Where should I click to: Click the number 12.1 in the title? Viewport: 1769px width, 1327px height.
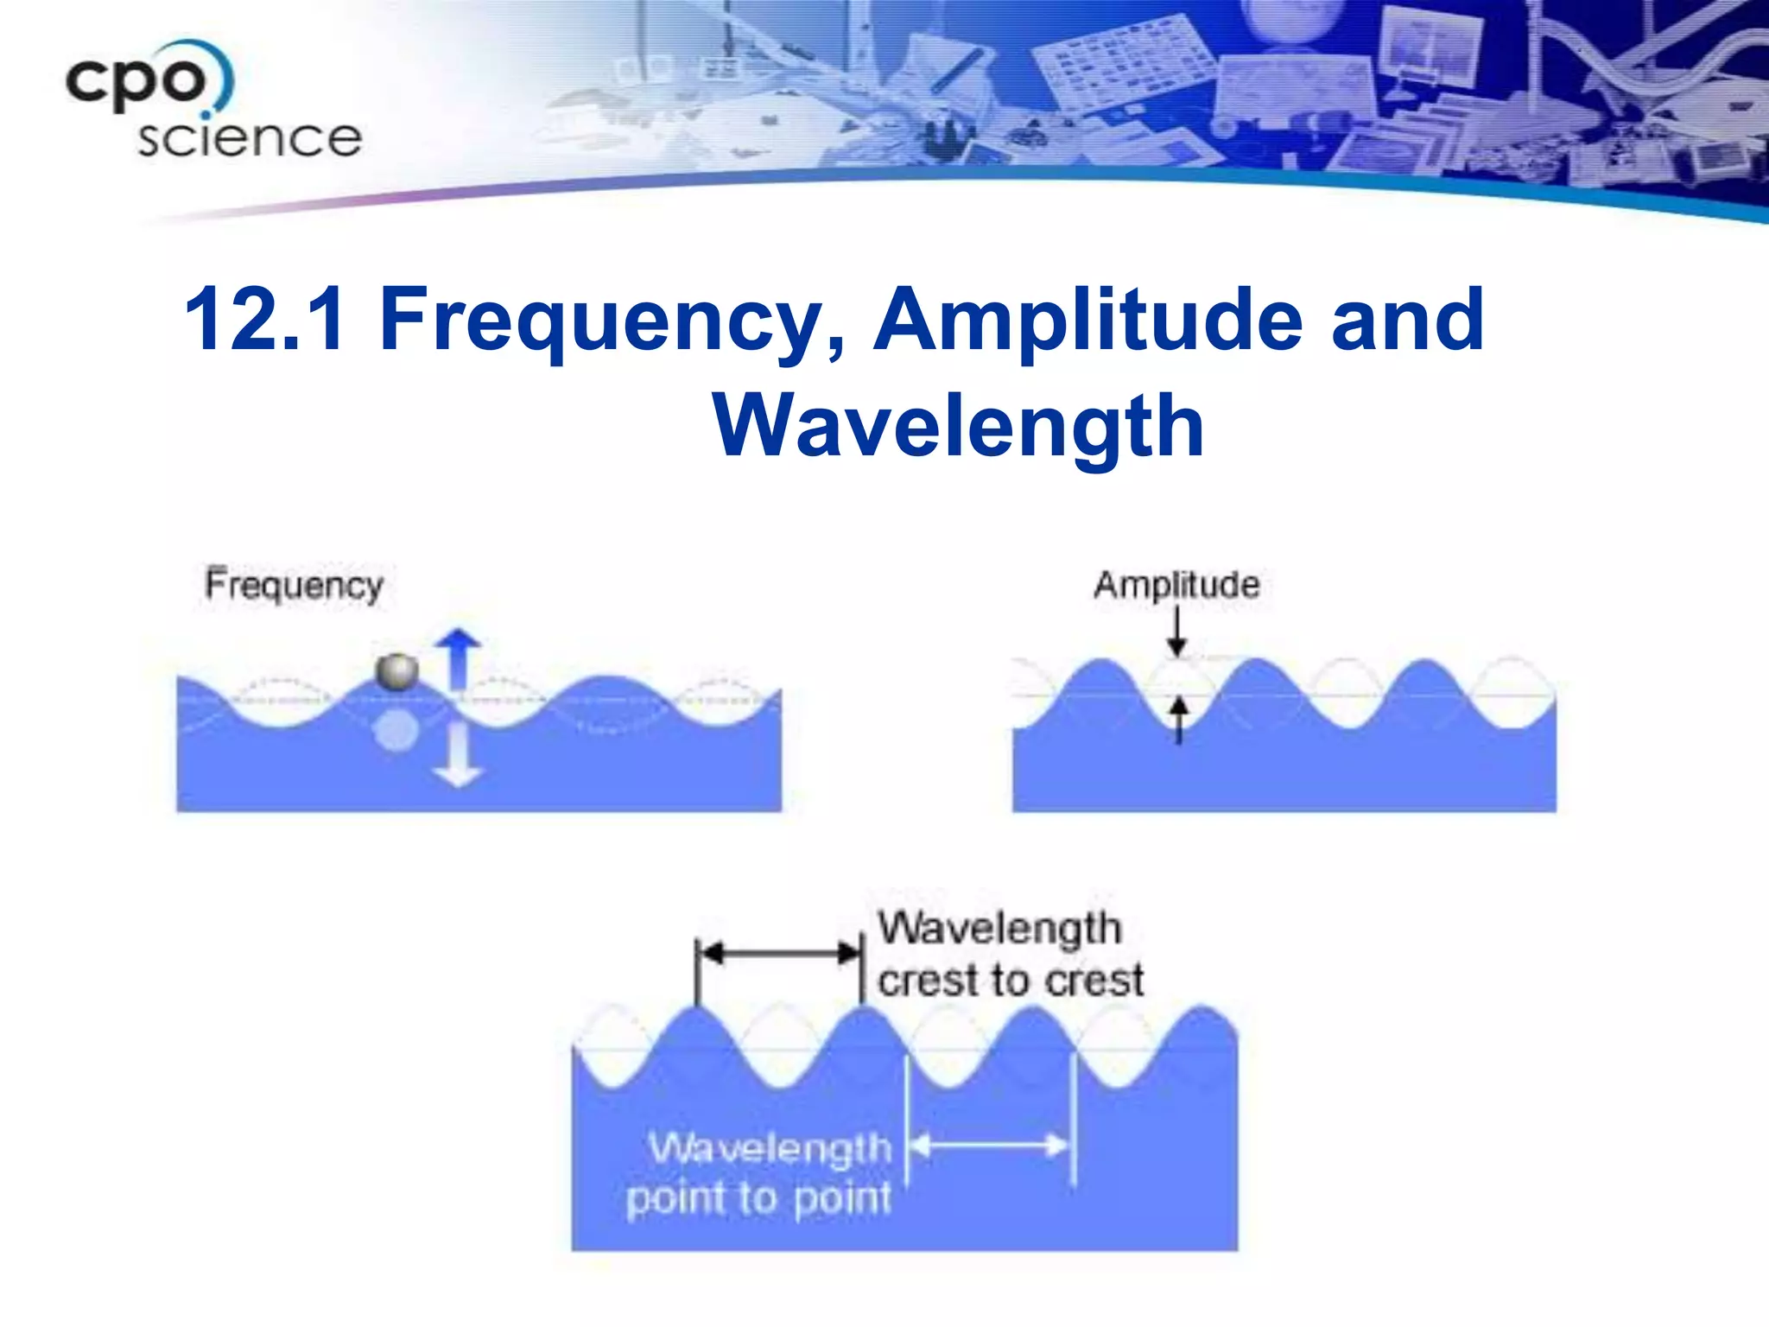click(x=264, y=320)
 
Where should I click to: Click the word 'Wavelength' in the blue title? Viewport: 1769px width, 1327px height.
click(x=958, y=426)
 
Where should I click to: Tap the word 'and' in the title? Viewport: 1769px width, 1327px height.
click(x=1407, y=321)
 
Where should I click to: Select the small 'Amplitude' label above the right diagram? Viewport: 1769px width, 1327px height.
click(x=1176, y=586)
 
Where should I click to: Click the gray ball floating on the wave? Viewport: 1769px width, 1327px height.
click(x=397, y=672)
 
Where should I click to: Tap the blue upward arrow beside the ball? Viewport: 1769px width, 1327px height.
click(x=458, y=660)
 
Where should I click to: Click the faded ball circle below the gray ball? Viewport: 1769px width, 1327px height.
click(x=396, y=731)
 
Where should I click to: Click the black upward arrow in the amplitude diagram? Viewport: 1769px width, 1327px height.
click(x=1179, y=719)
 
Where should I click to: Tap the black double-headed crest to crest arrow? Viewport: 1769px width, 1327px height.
click(x=779, y=954)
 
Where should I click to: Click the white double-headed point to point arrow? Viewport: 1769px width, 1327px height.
click(x=990, y=1146)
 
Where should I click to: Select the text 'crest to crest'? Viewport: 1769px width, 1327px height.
click(x=1011, y=981)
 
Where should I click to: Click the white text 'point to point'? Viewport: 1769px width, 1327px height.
click(x=758, y=1199)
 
